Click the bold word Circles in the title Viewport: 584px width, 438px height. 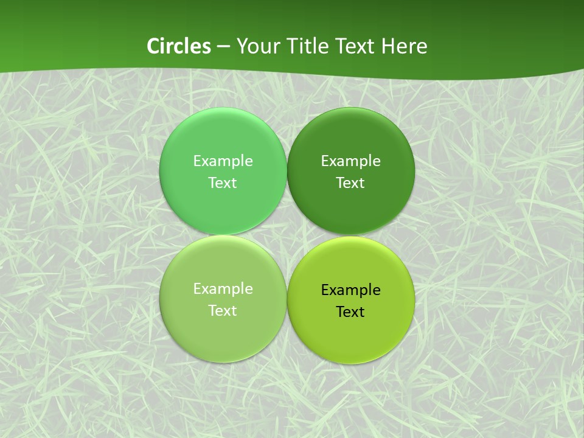(178, 46)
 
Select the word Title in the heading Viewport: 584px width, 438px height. (302, 46)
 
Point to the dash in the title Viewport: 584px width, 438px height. (223, 47)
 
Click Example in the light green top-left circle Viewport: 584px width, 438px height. (223, 161)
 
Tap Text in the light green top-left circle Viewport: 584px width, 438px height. (223, 183)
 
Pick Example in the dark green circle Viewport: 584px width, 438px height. (350, 161)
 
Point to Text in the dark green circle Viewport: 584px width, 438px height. (350, 183)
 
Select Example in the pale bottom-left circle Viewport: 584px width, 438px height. (223, 289)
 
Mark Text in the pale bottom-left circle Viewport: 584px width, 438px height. (223, 311)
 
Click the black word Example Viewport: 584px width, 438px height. (350, 290)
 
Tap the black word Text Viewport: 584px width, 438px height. (350, 312)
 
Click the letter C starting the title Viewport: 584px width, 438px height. (153, 46)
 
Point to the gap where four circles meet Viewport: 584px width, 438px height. (287, 235)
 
